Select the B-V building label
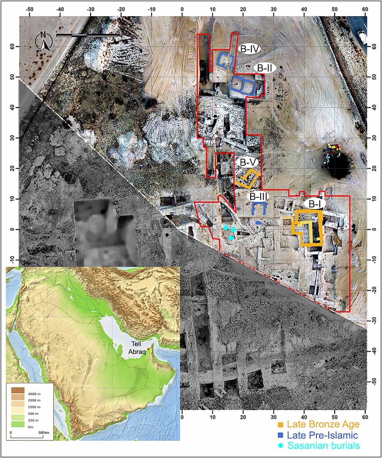[x=248, y=162]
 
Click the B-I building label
[x=314, y=204]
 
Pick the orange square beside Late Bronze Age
[x=280, y=424]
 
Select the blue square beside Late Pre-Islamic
[x=280, y=434]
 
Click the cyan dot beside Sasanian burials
[x=280, y=445]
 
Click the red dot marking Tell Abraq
[x=148, y=349]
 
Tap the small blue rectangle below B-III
[x=259, y=222]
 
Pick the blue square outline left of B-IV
[x=226, y=60]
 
